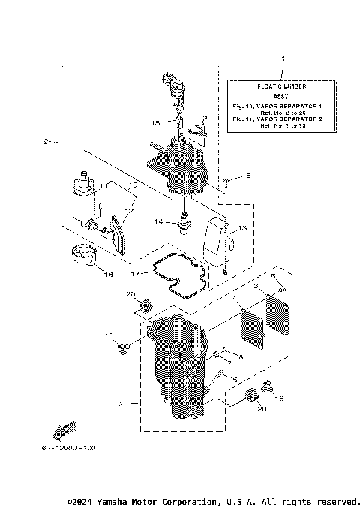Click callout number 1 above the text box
pos(282,58)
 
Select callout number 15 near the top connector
pos(155,122)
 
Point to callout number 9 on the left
pos(46,141)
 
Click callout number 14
pos(159,222)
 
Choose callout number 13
pos(241,227)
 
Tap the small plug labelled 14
pos(181,224)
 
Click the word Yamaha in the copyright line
pos(112,500)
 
